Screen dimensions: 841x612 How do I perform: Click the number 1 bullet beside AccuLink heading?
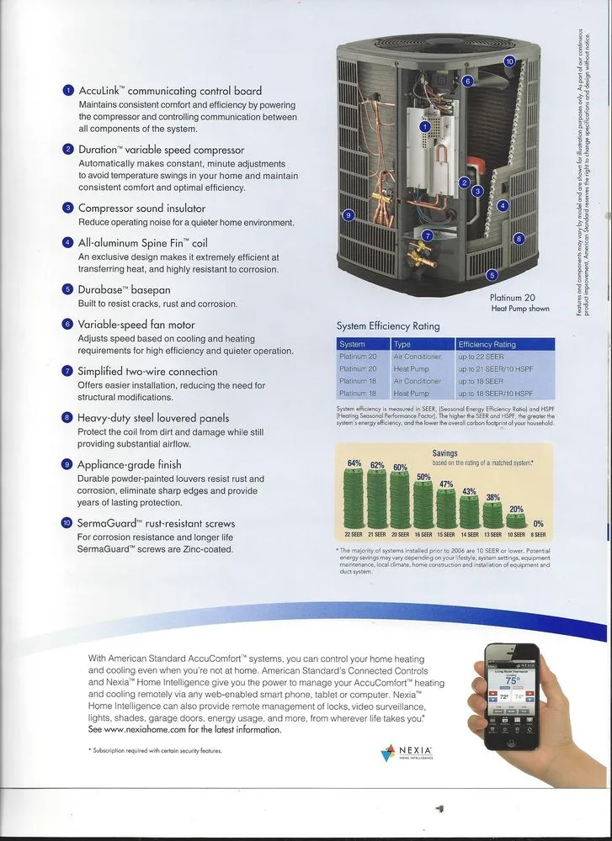(68, 91)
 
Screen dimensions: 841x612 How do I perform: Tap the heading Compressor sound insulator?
(141, 209)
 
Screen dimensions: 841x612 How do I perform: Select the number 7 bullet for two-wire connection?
(68, 371)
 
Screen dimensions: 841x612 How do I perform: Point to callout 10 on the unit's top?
(508, 61)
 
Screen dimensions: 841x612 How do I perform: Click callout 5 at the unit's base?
(492, 274)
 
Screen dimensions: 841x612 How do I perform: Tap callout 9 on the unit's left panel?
(348, 216)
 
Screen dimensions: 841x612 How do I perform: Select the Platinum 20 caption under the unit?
(512, 298)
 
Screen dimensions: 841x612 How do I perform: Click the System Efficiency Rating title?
(388, 326)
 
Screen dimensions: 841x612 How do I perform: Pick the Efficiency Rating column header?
(487, 344)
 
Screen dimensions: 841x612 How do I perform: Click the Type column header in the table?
(402, 344)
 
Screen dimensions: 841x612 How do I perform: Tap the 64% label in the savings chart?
(354, 463)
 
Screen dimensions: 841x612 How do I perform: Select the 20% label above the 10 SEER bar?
(516, 510)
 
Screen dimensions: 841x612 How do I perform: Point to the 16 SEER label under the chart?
(423, 535)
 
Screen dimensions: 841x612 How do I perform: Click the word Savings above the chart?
(444, 453)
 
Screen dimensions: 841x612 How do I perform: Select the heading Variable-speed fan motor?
(136, 325)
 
